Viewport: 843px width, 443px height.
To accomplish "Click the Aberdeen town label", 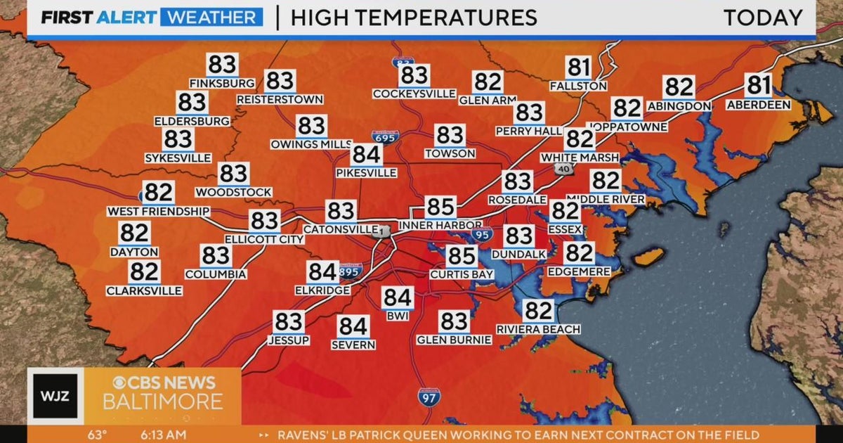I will (x=759, y=105).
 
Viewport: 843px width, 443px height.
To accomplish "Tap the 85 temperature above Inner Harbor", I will (x=440, y=207).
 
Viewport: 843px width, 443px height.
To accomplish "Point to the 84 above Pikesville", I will (x=366, y=154).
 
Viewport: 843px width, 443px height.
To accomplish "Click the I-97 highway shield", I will (x=429, y=396).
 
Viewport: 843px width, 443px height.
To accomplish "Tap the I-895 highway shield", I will (x=350, y=271).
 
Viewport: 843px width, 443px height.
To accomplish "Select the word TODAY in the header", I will (x=763, y=18).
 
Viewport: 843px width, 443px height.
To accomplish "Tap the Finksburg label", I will (x=222, y=84).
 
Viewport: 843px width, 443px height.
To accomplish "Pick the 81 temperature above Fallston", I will (x=578, y=68).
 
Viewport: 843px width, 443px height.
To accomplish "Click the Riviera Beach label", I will (x=538, y=329).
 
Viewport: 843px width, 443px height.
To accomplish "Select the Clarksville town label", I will (x=144, y=290).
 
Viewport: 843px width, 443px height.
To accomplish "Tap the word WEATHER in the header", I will (x=211, y=18).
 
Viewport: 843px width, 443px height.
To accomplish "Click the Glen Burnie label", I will (x=454, y=340).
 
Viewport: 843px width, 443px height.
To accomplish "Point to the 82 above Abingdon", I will (x=679, y=87).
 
